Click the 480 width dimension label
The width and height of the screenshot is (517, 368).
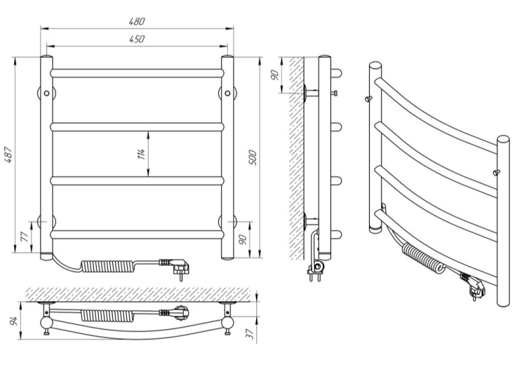(x=137, y=22)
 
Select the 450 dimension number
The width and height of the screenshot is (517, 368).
(x=137, y=39)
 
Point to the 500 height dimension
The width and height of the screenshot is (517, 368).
(x=253, y=157)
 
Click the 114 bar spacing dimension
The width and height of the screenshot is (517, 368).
(x=141, y=154)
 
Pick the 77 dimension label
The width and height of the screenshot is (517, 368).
(x=25, y=237)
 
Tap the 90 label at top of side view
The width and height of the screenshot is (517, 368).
(x=275, y=75)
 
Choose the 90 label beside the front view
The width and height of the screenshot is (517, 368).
(x=243, y=240)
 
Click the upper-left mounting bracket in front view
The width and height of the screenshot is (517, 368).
(x=47, y=93)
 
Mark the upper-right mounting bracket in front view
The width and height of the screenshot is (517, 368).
(x=227, y=93)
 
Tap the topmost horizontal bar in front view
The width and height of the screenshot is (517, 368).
(x=137, y=73)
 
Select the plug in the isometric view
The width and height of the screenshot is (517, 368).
(x=474, y=286)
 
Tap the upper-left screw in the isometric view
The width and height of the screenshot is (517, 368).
(x=368, y=99)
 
